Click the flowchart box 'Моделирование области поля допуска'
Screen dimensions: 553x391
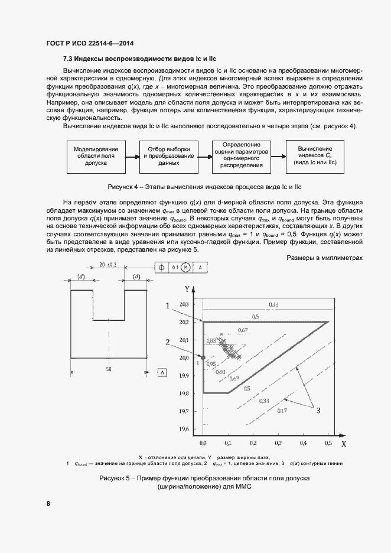coord(96,157)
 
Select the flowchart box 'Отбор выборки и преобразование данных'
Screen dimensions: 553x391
coord(168,157)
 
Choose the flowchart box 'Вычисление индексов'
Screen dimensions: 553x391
coord(314,157)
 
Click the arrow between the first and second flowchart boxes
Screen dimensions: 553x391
coord(132,157)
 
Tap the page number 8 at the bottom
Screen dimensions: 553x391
coord(48,503)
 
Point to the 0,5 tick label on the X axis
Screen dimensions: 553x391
coord(327,442)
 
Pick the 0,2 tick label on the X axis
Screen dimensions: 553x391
coord(253,442)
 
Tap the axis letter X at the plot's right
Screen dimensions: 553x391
coord(343,443)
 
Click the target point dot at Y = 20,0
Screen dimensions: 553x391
coord(203,357)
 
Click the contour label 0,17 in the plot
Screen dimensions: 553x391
coord(282,411)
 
